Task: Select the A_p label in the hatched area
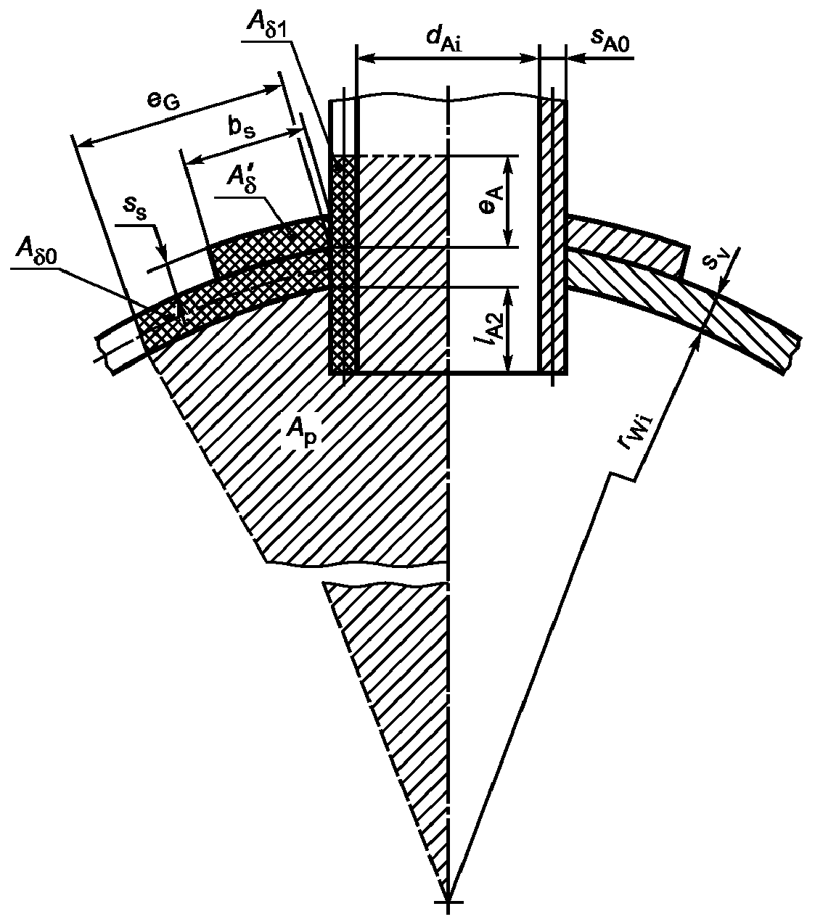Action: pos(302,433)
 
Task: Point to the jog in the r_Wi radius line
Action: pos(621,477)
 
